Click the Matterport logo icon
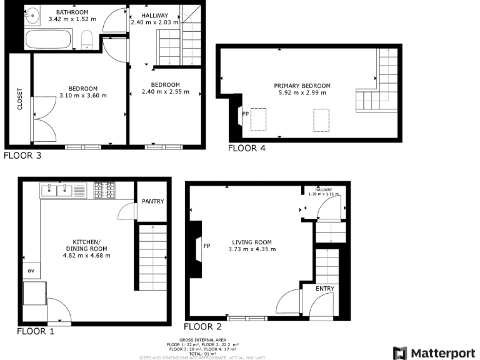point(400,352)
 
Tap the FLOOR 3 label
point(22,156)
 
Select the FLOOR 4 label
point(246,148)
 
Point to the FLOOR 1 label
point(36,331)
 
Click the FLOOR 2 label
point(202,326)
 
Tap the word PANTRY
point(152,202)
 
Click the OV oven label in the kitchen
point(29,271)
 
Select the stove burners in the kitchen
point(104,189)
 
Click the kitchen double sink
point(57,189)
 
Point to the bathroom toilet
point(87,39)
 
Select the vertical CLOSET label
point(19,98)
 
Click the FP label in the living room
point(206,246)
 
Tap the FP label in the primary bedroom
point(246,114)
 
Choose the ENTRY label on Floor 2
point(325,289)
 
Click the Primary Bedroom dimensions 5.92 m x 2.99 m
point(302,93)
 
